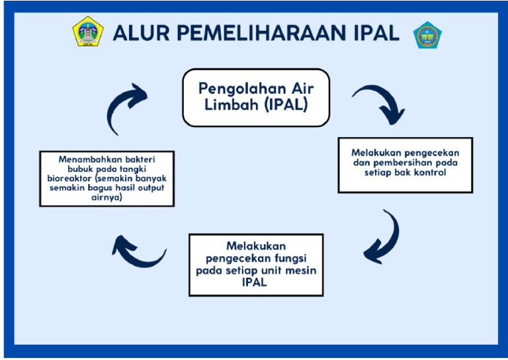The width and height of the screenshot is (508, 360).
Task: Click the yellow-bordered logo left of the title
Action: click(87, 32)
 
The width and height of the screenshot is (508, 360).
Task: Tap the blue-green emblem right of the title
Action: click(427, 34)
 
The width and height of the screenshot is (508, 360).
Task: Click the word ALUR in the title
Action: click(140, 33)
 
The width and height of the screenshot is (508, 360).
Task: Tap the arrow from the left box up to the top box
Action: click(124, 109)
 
